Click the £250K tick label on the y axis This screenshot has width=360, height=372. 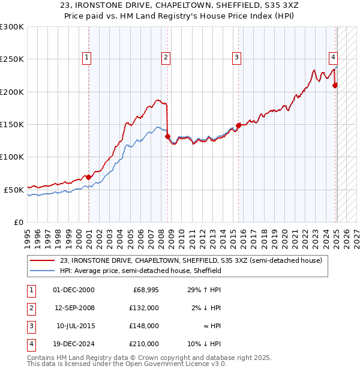coord(11,59)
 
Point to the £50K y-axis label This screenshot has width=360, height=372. coord(14,190)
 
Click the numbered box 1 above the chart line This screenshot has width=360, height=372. coord(87,58)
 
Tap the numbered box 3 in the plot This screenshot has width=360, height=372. coord(237,58)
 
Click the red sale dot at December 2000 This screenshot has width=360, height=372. coord(89,177)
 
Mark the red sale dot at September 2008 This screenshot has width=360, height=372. coord(167,136)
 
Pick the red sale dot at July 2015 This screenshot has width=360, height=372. coord(238,125)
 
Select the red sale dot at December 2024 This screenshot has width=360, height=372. coord(335,85)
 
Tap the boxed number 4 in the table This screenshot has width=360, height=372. coord(31,344)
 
